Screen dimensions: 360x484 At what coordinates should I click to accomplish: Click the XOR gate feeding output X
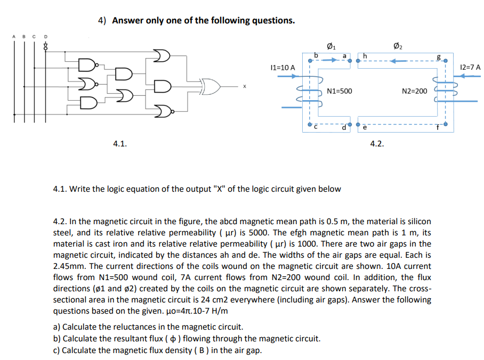[x=210, y=86]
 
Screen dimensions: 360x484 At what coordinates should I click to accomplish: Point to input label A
[x=14, y=37]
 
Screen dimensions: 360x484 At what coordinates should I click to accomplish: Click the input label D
[x=45, y=37]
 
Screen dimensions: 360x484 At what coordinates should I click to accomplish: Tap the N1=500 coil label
[x=339, y=91]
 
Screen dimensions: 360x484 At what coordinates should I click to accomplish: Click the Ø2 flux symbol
[x=397, y=45]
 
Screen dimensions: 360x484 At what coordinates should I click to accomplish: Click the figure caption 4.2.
[x=376, y=143]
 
